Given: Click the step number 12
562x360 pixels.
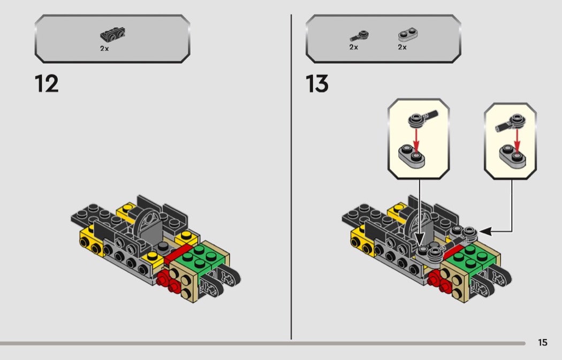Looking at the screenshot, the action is click(x=47, y=84).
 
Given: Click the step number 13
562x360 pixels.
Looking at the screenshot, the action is click(x=317, y=84).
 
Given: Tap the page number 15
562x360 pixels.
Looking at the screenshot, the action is click(x=543, y=342).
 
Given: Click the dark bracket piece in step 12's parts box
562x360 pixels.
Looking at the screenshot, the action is click(x=112, y=34).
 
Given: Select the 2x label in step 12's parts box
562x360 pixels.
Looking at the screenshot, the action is click(x=104, y=48).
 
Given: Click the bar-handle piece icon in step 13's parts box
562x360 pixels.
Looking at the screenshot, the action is click(x=360, y=36).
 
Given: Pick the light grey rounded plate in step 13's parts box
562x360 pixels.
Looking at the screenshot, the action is click(x=408, y=35).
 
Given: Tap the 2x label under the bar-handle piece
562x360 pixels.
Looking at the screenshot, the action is click(x=353, y=47).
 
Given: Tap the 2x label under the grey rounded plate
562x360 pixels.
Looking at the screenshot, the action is click(x=402, y=47).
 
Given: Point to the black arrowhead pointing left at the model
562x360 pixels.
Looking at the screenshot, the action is click(x=485, y=232).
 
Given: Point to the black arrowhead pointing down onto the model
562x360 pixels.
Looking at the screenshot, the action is click(x=420, y=239).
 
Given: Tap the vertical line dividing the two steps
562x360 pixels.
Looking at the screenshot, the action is click(x=291, y=177).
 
